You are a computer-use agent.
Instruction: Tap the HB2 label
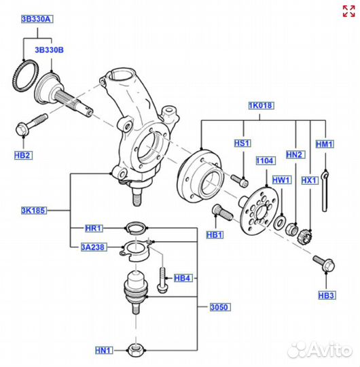[x=22, y=155]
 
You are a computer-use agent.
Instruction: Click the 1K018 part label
[x=261, y=107]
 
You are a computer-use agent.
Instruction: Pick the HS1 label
[x=242, y=143]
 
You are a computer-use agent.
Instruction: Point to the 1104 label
[x=264, y=160]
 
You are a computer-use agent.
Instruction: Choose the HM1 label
[x=325, y=143]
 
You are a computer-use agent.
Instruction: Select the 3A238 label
[x=94, y=247]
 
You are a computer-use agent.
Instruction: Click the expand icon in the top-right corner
[x=348, y=12]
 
